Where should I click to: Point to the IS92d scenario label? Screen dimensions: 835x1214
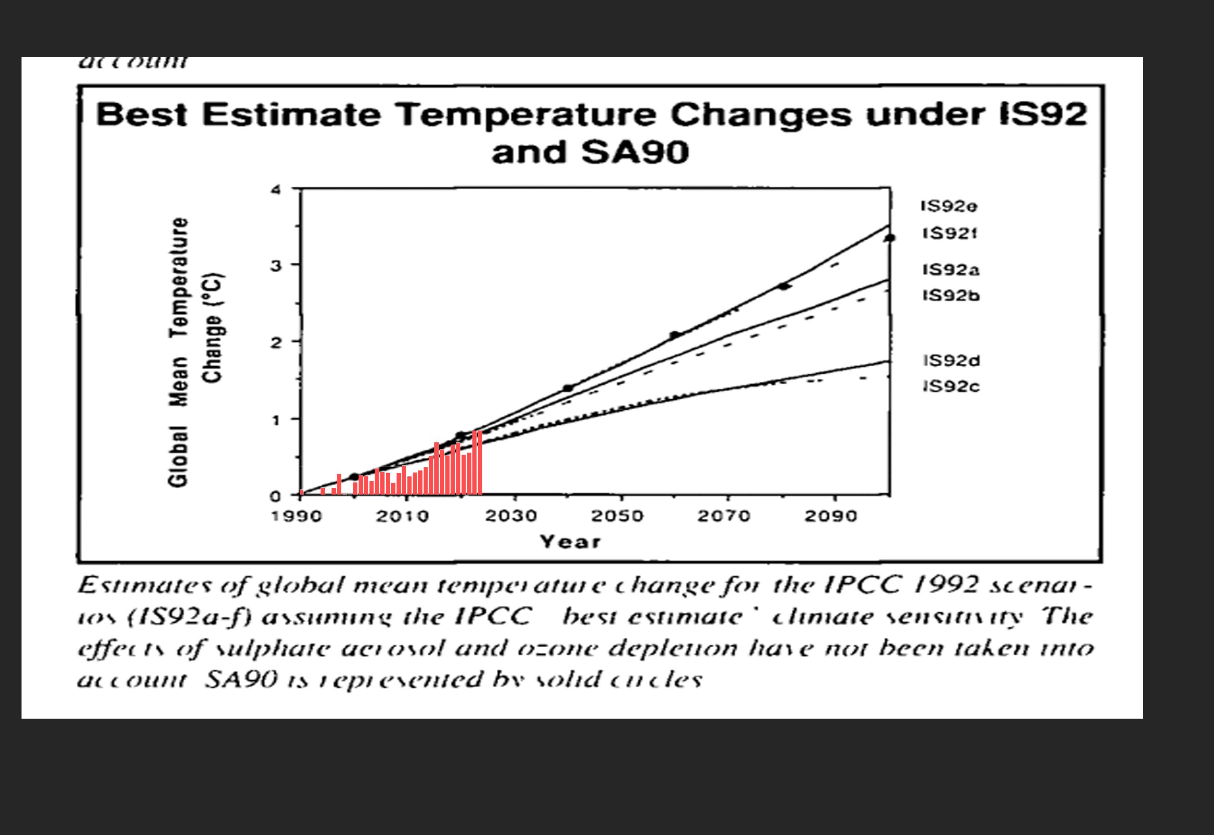952,361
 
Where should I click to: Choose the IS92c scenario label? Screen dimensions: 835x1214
952,387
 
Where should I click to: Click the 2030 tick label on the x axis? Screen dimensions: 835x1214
511,516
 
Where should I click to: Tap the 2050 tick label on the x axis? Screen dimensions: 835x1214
617,516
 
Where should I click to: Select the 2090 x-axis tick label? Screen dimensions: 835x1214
831,516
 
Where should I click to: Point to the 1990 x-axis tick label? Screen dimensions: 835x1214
296,516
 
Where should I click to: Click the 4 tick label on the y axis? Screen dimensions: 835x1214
275,189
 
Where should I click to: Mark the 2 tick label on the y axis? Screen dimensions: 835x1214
275,343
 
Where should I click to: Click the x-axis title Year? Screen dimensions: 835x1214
570,542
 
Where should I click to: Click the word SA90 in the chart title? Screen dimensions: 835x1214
635,152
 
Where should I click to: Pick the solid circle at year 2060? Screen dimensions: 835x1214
675,335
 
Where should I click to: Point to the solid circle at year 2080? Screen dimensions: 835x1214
783,286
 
